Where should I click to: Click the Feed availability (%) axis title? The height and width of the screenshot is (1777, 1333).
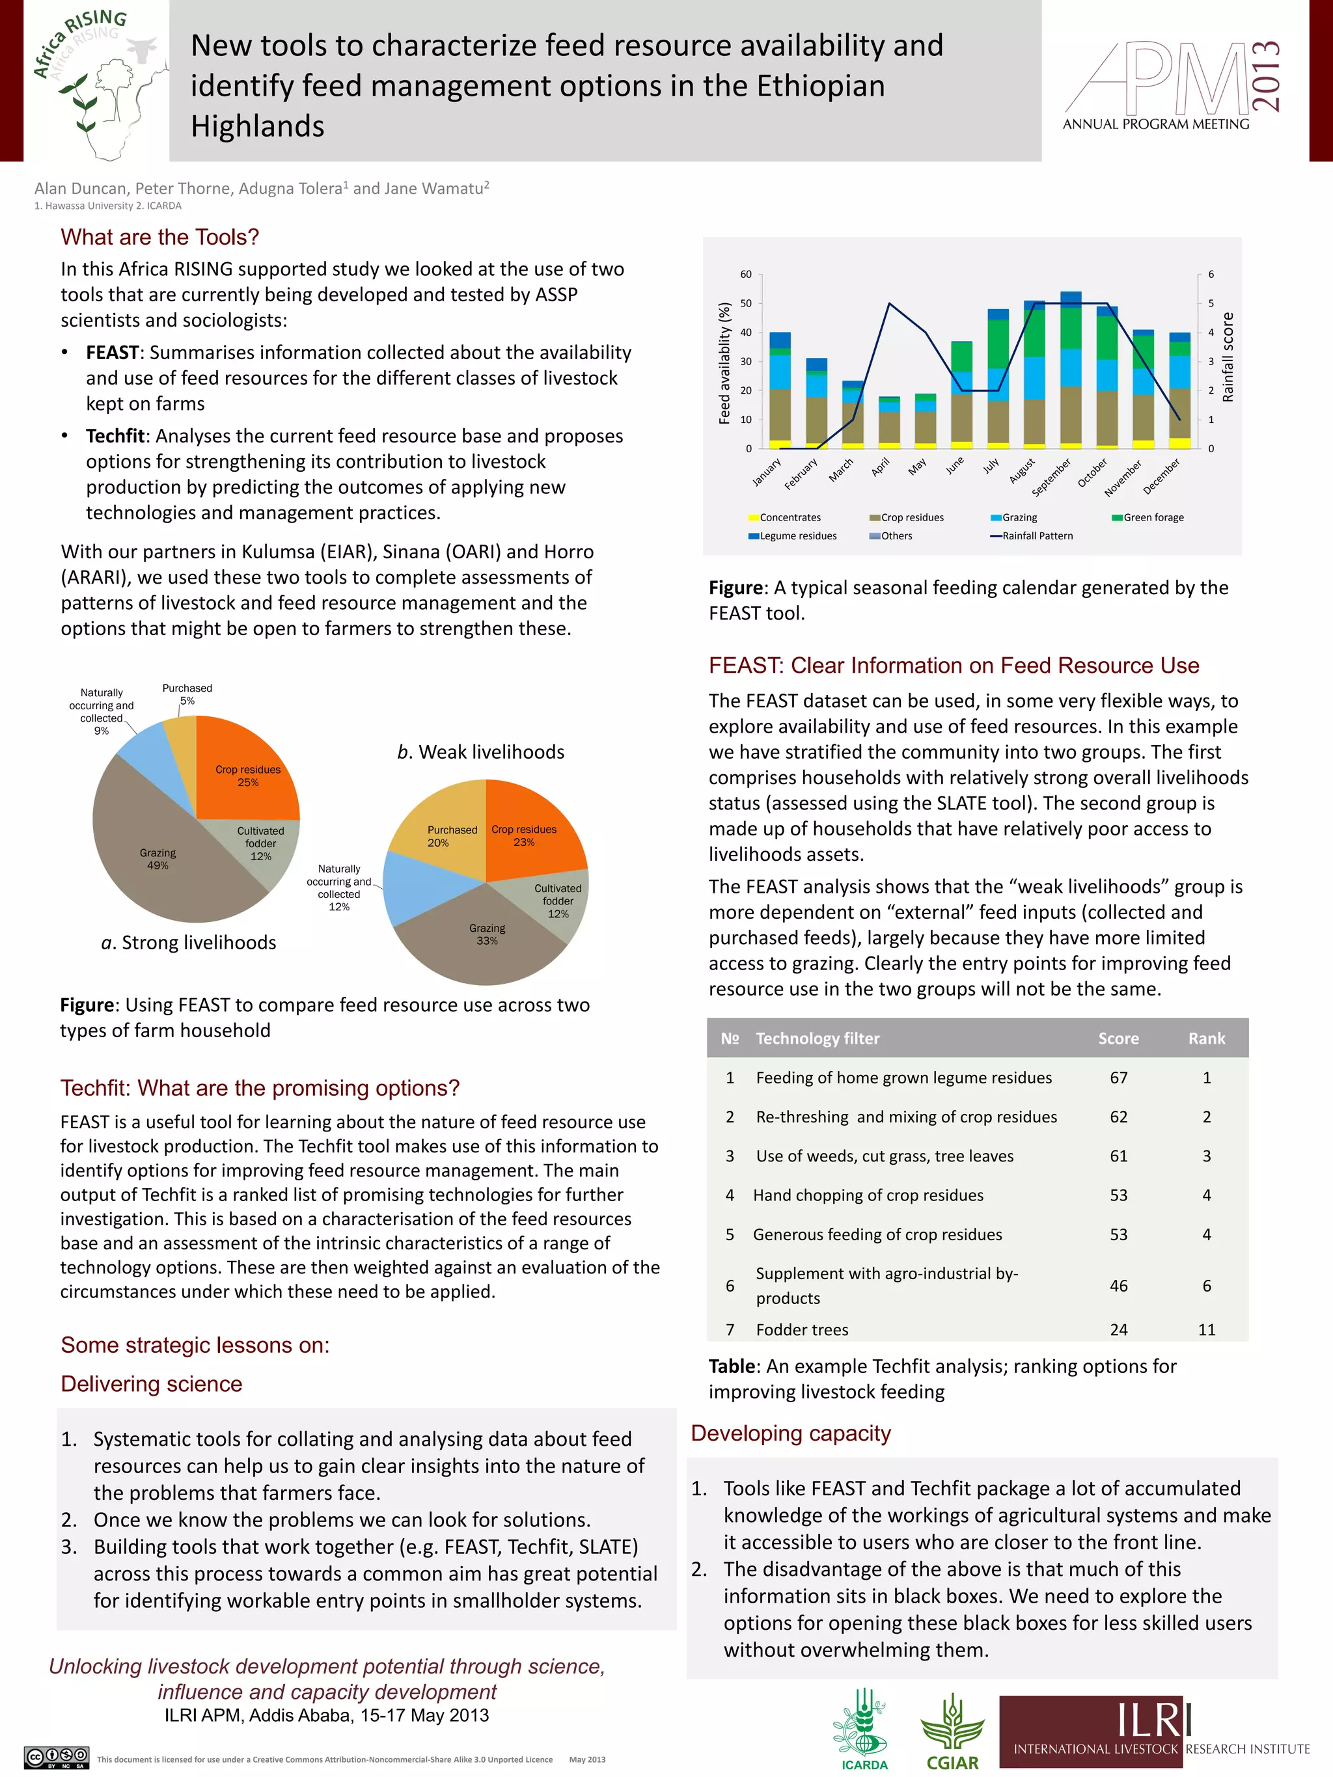(724, 363)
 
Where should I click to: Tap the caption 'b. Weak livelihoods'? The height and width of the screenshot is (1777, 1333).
(480, 752)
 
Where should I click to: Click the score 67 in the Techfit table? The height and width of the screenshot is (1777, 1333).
(1118, 1078)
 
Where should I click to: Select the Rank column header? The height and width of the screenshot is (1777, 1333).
(1206, 1038)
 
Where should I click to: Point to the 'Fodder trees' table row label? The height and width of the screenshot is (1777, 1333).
(801, 1329)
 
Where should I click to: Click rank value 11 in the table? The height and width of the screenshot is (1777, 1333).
(1206, 1329)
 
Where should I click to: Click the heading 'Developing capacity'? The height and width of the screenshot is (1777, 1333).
(791, 1433)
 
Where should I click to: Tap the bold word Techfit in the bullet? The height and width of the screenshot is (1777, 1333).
(115, 436)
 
